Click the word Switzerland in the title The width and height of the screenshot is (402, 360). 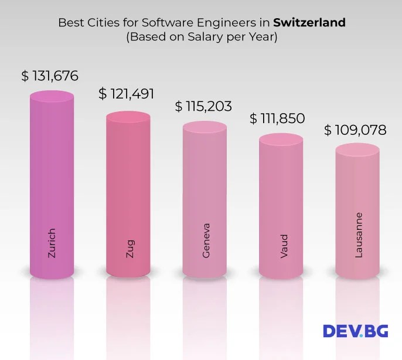(309, 23)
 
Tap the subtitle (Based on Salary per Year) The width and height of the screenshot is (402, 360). (201, 37)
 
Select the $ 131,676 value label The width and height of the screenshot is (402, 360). (50, 76)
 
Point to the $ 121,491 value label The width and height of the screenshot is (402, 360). (127, 94)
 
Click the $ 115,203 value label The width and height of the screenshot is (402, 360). (203, 107)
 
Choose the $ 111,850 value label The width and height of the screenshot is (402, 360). (277, 118)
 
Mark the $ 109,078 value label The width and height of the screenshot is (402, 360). (355, 130)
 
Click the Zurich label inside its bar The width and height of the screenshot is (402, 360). (52, 243)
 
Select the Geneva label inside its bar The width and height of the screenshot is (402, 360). (205, 240)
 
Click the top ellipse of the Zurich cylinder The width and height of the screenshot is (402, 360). (52, 97)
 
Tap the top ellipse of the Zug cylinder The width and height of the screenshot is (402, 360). (128, 117)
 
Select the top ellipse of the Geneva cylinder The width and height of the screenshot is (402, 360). (205, 128)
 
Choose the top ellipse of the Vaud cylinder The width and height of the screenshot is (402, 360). (281, 140)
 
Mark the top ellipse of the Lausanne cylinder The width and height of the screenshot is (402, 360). (357, 151)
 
